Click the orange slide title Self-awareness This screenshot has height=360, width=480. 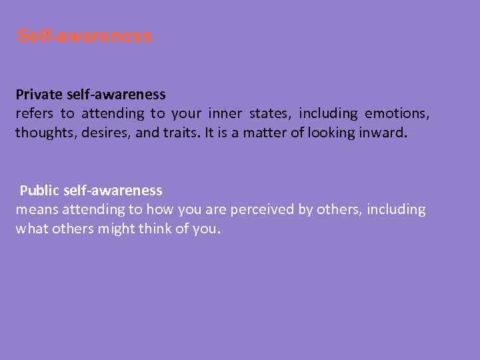tap(85, 36)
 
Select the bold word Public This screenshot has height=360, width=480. tap(39, 191)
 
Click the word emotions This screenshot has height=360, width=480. tap(397, 114)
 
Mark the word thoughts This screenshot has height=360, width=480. tap(42, 133)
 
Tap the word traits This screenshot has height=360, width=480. tap(175, 133)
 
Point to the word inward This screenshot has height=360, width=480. tap(382, 133)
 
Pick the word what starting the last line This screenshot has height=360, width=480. tap(30, 229)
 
